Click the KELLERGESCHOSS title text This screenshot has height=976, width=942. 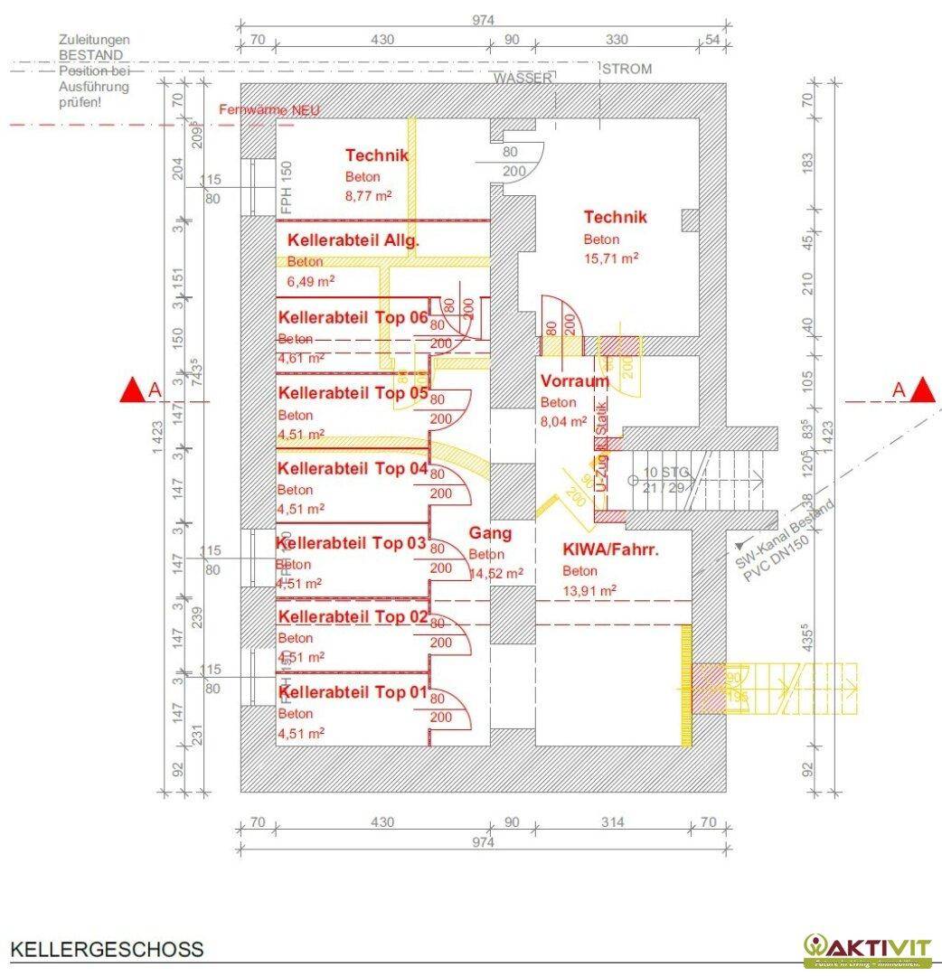pos(107,950)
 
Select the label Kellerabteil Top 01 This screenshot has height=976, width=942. pos(352,692)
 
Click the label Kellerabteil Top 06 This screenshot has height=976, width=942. pos(353,318)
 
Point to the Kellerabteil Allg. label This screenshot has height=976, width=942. pos(353,241)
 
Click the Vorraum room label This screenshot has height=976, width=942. pos(574,381)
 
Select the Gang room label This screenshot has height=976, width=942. pos(490,534)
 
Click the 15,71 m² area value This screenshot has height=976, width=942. pos(611,258)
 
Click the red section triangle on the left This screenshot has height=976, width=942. pos(132,390)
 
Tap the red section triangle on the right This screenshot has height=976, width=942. pos(923,390)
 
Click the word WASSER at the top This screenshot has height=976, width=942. pos(523,79)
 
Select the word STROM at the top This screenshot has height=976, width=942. pos(626,69)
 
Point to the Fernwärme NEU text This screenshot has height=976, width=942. pos(269,110)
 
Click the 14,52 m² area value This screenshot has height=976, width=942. pos(496,573)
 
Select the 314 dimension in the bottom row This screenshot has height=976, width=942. pos(612,822)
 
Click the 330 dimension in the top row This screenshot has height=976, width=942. pos(616,40)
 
